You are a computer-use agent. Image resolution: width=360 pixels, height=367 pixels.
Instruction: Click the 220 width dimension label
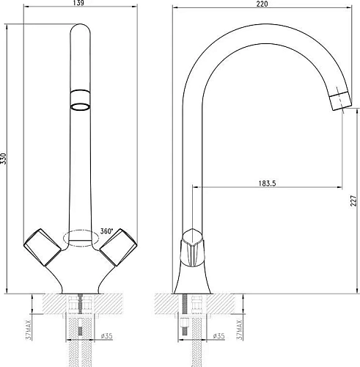[x=262, y=4]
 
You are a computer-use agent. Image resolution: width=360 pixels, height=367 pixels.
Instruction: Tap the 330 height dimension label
[x=3, y=159]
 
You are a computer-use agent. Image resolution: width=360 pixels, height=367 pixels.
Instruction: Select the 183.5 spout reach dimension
[x=267, y=183]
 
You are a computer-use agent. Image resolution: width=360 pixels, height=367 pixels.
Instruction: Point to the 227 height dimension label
[x=353, y=200]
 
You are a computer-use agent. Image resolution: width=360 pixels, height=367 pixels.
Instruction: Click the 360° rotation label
[x=106, y=231]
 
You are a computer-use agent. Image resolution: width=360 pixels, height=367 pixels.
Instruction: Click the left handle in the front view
[x=43, y=247]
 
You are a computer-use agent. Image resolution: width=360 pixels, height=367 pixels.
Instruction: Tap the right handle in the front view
[x=118, y=247]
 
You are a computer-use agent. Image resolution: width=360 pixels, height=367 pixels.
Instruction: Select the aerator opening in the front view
[x=80, y=107]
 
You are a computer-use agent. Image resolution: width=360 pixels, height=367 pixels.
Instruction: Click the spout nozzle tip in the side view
[x=340, y=101]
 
